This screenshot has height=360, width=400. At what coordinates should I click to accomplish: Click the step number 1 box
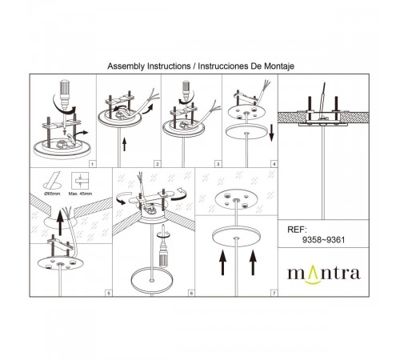coord(92,163)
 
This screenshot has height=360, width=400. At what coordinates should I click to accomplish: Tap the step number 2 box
coord(158,163)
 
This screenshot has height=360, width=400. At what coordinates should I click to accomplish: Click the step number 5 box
coord(109,294)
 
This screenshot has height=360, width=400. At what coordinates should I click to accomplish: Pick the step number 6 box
coord(191,294)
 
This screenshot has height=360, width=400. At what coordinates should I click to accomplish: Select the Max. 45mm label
coord(80,193)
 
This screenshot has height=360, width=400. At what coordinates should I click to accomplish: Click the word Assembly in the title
coord(128,67)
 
